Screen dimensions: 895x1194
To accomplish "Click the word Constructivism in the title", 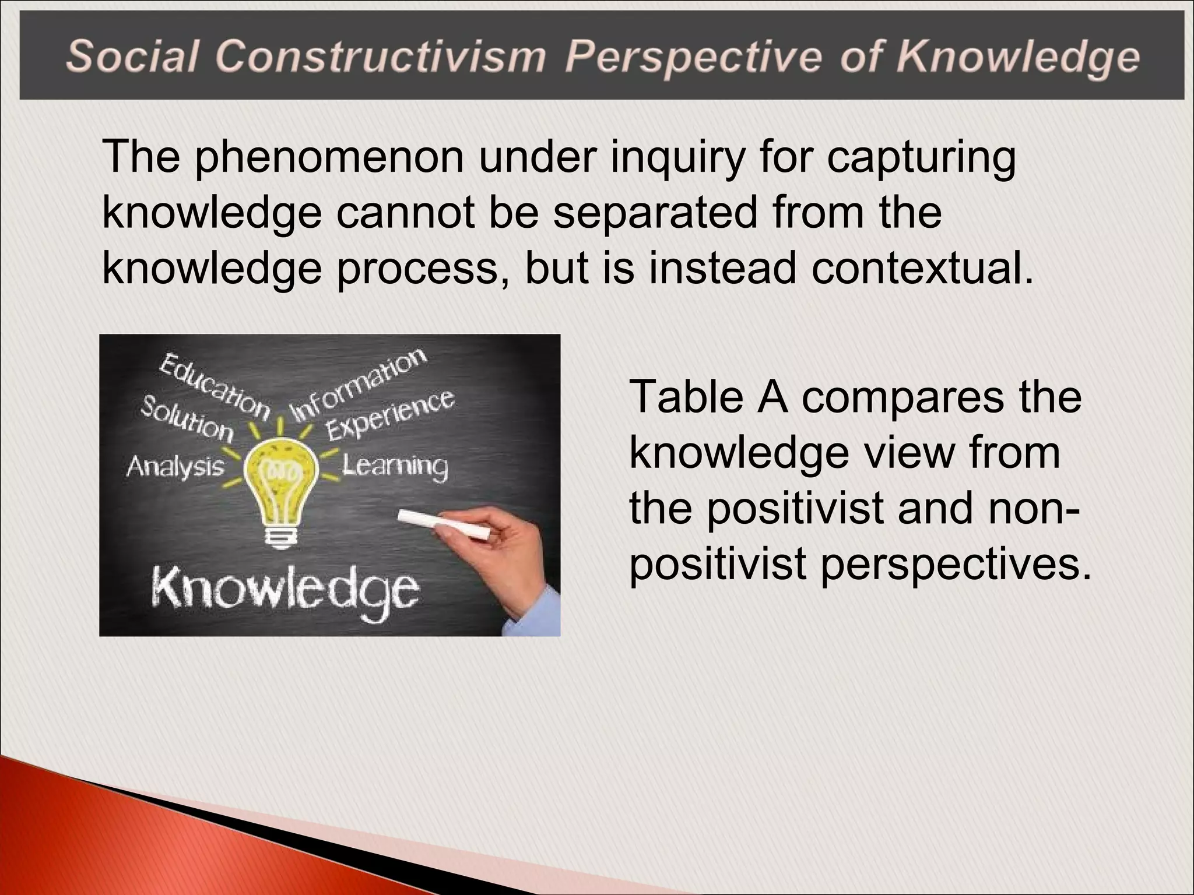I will pyautogui.click(x=381, y=57).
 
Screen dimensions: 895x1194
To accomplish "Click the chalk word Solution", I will pyautogui.click(x=187, y=417).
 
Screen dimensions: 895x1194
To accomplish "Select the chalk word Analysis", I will pyautogui.click(x=175, y=466).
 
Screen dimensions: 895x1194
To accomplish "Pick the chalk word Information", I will pyautogui.click(x=358, y=384).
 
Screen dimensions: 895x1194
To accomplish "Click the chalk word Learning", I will pyautogui.click(x=395, y=466).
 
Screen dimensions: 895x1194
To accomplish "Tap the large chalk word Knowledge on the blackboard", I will pyautogui.click(x=285, y=589).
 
